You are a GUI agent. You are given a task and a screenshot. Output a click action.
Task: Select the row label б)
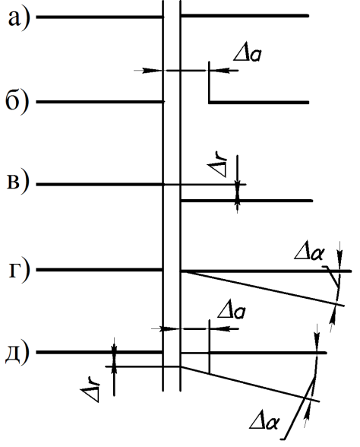click(x=17, y=102)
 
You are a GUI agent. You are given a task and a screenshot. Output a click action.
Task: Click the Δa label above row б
click(x=248, y=54)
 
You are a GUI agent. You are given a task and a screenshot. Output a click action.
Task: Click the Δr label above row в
click(x=218, y=166)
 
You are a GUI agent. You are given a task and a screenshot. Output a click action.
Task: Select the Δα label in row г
click(x=308, y=252)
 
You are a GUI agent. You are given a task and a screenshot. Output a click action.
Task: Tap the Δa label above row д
click(x=231, y=312)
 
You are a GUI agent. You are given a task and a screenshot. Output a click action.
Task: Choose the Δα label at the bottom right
click(x=264, y=421)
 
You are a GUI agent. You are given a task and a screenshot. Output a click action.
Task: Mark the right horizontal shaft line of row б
click(x=259, y=102)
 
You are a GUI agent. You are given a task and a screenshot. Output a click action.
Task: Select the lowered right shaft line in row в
click(x=246, y=201)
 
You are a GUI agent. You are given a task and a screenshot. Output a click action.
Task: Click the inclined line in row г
click(x=263, y=289)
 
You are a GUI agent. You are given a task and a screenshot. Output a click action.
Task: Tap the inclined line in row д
click(x=250, y=384)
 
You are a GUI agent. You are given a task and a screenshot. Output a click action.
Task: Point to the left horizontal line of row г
click(x=99, y=270)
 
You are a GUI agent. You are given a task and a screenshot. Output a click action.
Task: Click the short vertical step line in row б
click(x=210, y=82)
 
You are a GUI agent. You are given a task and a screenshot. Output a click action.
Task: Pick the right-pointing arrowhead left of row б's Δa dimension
click(x=152, y=71)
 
